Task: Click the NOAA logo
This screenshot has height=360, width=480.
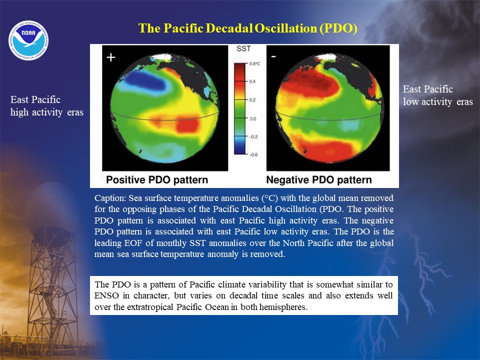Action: pyautogui.click(x=28, y=40)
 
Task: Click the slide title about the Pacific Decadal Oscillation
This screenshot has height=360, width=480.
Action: pyautogui.click(x=247, y=28)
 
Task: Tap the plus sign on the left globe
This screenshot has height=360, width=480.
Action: pyautogui.click(x=111, y=57)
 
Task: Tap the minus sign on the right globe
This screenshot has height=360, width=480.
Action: pyautogui.click(x=273, y=56)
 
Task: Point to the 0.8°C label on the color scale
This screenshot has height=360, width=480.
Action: pyautogui.click(x=254, y=63)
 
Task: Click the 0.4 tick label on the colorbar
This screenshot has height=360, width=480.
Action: pyautogui.click(x=252, y=81)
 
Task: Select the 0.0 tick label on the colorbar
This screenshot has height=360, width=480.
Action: pyautogui.click(x=252, y=118)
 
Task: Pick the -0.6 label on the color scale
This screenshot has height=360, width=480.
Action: pyautogui.click(x=253, y=154)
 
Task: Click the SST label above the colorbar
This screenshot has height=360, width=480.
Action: pyautogui.click(x=243, y=48)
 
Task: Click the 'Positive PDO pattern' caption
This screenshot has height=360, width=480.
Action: pyautogui.click(x=157, y=179)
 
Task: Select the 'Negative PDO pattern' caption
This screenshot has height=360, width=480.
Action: pyautogui.click(x=319, y=179)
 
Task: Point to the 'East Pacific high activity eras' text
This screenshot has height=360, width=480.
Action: pyautogui.click(x=47, y=106)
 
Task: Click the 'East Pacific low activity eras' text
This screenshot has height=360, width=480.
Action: pyautogui.click(x=438, y=95)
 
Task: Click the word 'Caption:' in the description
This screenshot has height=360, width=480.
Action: pyautogui.click(x=110, y=198)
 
